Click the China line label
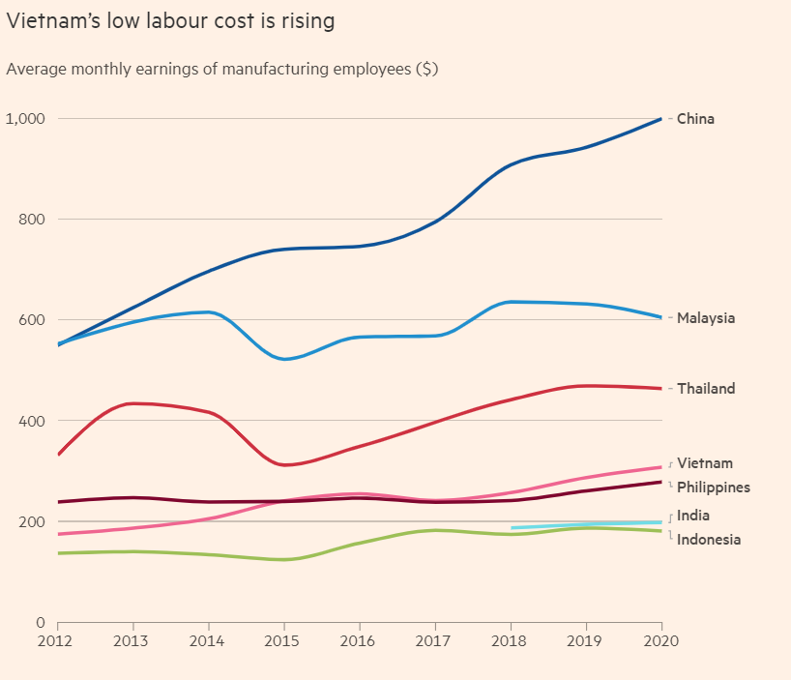click(695, 119)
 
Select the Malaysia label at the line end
click(705, 318)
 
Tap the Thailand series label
click(706, 389)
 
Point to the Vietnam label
click(704, 463)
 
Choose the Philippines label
click(713, 488)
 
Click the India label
click(692, 516)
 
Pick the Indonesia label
click(709, 540)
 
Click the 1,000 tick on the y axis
click(26, 119)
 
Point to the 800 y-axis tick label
click(32, 220)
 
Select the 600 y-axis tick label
click(32, 320)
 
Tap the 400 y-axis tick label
click(32, 421)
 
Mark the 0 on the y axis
click(41, 623)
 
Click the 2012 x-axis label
click(57, 641)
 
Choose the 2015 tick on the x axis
click(283, 641)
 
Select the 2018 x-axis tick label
click(510, 641)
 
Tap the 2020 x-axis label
click(659, 641)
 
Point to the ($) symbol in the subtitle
click(426, 70)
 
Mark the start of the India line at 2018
click(512, 528)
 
